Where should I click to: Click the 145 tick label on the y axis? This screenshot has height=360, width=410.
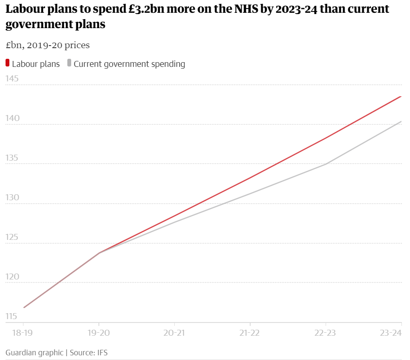click(x=12, y=79)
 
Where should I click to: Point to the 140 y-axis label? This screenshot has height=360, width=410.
click(x=12, y=118)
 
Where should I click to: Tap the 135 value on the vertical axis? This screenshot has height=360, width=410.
click(x=12, y=158)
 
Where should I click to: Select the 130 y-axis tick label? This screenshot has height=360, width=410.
click(x=12, y=198)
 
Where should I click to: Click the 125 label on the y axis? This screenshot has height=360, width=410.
click(x=12, y=237)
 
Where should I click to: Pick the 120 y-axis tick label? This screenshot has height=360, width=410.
click(x=12, y=277)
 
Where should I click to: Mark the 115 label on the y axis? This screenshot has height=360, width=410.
click(x=12, y=317)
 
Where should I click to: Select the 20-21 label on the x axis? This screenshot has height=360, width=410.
click(x=174, y=333)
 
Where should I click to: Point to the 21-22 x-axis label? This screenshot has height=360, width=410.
click(x=250, y=333)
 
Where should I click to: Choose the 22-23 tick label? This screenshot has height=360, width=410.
click(x=326, y=333)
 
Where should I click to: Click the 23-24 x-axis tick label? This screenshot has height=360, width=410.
click(x=391, y=333)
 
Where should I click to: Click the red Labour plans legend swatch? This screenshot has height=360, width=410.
click(x=8, y=63)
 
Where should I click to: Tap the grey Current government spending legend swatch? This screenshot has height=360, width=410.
click(x=69, y=63)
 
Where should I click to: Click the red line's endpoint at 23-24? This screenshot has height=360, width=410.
click(x=401, y=97)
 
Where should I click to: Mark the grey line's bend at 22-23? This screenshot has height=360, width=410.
click(x=326, y=164)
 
